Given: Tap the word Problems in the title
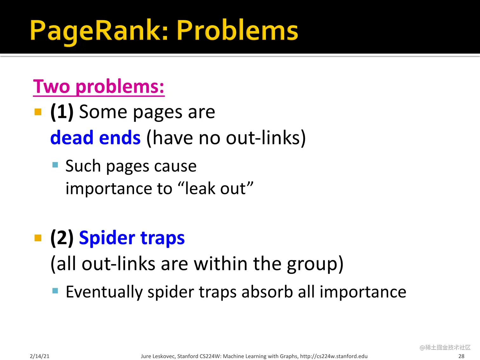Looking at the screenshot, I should (x=237, y=31).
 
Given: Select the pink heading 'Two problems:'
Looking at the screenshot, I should (x=99, y=86).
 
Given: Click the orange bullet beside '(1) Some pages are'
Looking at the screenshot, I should (x=38, y=112).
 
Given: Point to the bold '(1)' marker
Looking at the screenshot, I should (x=62, y=112).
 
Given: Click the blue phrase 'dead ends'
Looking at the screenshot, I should (x=95, y=138).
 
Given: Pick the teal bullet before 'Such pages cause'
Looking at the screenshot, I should (x=55, y=165).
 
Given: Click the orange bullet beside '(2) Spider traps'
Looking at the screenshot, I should (x=38, y=238).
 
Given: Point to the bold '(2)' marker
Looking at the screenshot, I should (x=62, y=238).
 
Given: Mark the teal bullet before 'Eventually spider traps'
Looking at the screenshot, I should (x=55, y=290).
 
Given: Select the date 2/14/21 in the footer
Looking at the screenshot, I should (x=40, y=356).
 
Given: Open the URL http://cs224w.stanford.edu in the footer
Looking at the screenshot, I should (x=334, y=356).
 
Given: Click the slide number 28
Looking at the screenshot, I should (x=461, y=356).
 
